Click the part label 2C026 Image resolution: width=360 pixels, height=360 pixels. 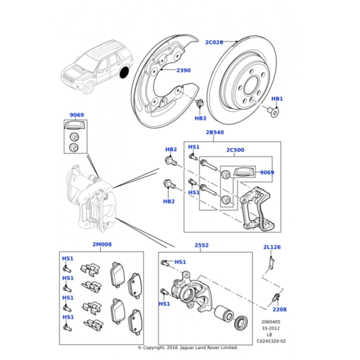[x=214, y=42]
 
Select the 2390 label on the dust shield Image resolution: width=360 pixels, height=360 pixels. [x=183, y=70]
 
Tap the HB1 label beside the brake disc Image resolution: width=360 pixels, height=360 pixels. [x=277, y=98]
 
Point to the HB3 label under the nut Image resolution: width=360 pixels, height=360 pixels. [x=200, y=118]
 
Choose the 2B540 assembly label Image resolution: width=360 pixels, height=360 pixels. [x=214, y=133]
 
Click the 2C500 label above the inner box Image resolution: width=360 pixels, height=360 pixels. [x=235, y=150]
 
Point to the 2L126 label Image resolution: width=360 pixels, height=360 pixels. [x=272, y=247]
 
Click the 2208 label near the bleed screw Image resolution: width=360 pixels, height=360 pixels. [x=279, y=310]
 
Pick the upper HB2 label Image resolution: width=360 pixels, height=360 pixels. [x=171, y=150]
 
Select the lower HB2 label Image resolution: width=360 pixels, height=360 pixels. [x=169, y=201]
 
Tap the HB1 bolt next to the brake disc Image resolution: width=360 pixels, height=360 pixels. [x=274, y=109]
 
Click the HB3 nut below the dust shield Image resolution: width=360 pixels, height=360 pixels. [x=200, y=105]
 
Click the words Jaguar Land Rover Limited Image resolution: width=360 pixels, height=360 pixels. [x=209, y=347]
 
